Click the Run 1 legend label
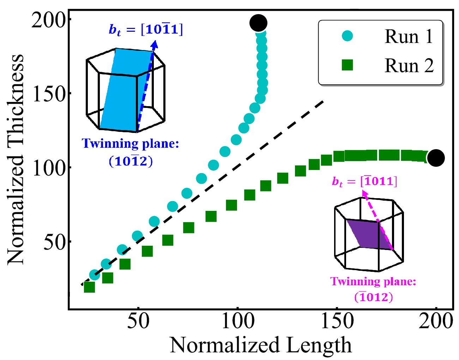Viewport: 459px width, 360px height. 409,36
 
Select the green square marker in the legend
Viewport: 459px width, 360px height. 348,65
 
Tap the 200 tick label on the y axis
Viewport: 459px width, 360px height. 49,20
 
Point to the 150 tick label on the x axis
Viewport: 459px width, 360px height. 337,321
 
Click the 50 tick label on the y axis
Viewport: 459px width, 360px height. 55,242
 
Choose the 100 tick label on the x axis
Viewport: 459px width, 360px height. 237,321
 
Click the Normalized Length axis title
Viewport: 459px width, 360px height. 261,345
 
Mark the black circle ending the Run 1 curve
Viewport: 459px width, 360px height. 258,23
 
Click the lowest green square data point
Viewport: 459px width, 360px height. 89,287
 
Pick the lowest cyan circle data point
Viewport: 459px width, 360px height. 94,275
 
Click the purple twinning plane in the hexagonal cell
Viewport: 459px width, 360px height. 369,234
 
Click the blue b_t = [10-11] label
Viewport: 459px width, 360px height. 146,30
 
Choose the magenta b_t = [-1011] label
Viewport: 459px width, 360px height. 364,182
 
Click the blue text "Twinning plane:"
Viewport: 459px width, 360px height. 130,144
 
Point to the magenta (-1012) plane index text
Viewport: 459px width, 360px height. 374,297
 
